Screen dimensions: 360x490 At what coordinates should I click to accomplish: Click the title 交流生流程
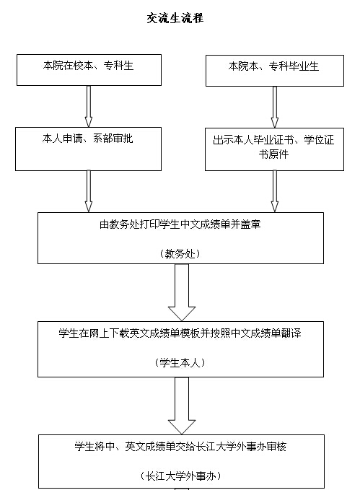[x=175, y=18]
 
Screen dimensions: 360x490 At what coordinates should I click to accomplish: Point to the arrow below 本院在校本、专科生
[x=89, y=106]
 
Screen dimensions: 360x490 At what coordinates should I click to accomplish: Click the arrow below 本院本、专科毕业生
[x=275, y=107]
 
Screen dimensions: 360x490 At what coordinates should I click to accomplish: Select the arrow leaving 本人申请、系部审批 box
[x=89, y=191]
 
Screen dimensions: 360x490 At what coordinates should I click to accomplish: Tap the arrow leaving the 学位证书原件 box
[x=275, y=191]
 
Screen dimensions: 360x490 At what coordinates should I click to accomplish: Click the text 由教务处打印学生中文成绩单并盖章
[x=180, y=224]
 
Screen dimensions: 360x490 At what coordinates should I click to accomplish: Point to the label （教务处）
[x=180, y=253]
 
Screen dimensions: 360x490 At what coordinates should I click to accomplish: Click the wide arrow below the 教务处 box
[x=182, y=292]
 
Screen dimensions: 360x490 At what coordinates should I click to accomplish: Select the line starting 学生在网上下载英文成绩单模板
[x=180, y=333]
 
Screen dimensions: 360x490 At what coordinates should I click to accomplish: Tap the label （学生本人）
[x=180, y=362]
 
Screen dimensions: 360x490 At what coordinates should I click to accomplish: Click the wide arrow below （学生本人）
[x=182, y=406]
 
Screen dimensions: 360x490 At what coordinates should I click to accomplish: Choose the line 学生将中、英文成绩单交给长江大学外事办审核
[x=180, y=447]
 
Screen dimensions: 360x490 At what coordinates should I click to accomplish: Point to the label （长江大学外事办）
[x=180, y=476]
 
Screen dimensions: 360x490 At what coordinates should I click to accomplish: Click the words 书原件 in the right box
[x=274, y=154]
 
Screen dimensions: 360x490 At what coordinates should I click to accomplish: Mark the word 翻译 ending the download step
[x=291, y=333]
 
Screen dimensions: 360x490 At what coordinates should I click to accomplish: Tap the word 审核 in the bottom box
[x=276, y=447]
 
